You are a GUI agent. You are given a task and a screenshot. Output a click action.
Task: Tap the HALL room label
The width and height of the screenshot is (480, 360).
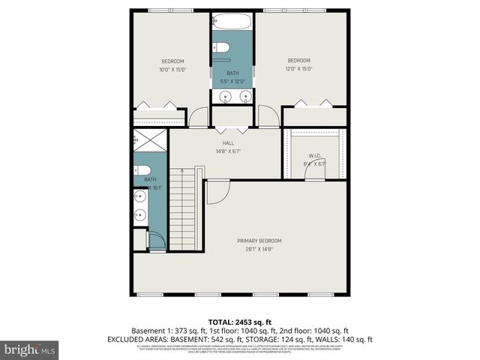228,142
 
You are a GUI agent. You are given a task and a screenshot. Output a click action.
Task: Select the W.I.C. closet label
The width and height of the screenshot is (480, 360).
314,156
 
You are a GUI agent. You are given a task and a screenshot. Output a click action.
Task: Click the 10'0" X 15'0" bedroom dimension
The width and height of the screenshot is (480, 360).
172,70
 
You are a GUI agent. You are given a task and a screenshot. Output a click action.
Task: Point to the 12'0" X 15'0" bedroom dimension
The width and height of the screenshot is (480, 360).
299,69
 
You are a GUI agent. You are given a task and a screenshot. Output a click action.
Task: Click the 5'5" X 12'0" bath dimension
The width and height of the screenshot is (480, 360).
233,81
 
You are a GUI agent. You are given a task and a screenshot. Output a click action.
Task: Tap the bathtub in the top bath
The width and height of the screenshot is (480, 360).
232,22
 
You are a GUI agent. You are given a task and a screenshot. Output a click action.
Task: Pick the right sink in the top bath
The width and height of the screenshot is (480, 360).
244,96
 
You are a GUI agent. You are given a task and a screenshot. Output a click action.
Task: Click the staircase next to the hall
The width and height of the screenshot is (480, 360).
183,210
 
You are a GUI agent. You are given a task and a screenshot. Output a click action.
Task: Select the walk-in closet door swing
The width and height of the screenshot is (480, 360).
313,172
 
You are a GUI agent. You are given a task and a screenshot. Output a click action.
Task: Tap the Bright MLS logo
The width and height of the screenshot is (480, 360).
30,349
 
